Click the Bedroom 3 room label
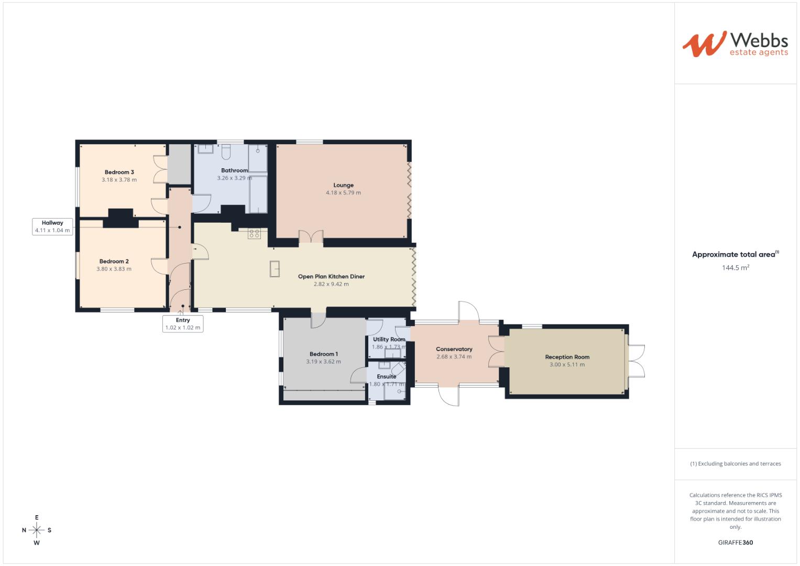[119, 172]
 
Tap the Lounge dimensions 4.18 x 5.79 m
[343, 193]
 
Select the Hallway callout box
[52, 226]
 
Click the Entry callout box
[183, 324]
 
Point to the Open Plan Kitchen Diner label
[331, 277]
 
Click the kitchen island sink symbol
[275, 268]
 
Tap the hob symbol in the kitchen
[254, 234]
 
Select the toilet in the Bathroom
[226, 152]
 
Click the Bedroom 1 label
[323, 354]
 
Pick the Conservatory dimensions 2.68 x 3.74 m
[454, 357]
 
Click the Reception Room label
[567, 357]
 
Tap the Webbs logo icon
[704, 43]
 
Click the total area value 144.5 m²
[736, 268]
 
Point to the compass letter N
[24, 530]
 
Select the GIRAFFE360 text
[736, 543]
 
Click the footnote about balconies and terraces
[736, 464]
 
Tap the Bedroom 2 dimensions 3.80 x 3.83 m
[114, 269]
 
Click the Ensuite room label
[387, 377]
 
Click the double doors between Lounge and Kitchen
[311, 237]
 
